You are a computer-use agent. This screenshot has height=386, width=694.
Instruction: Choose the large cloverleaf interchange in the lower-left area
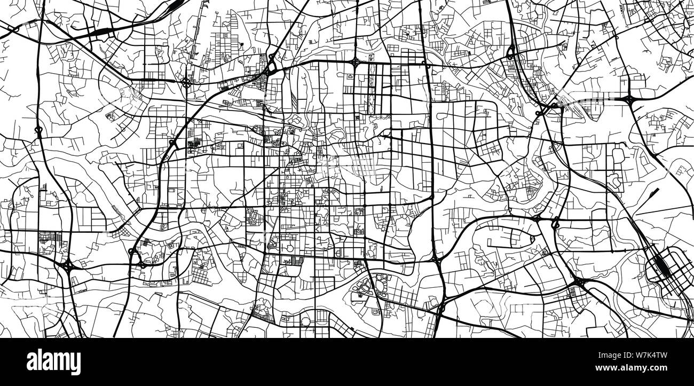pyautogui.click(x=67, y=264)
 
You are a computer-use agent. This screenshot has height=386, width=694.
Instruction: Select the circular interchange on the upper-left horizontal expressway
pyautogui.click(x=186, y=82)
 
